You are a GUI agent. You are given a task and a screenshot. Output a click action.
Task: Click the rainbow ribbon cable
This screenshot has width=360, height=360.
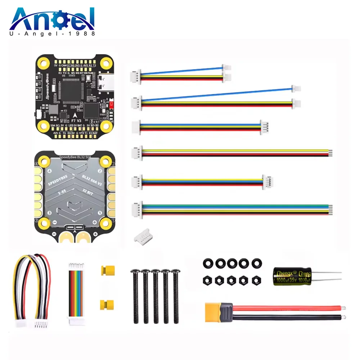click(75, 293)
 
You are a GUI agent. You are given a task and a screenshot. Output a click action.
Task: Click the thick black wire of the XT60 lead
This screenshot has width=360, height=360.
click(288, 318)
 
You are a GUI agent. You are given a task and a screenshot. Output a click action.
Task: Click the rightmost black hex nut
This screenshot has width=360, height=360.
click(256, 279)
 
